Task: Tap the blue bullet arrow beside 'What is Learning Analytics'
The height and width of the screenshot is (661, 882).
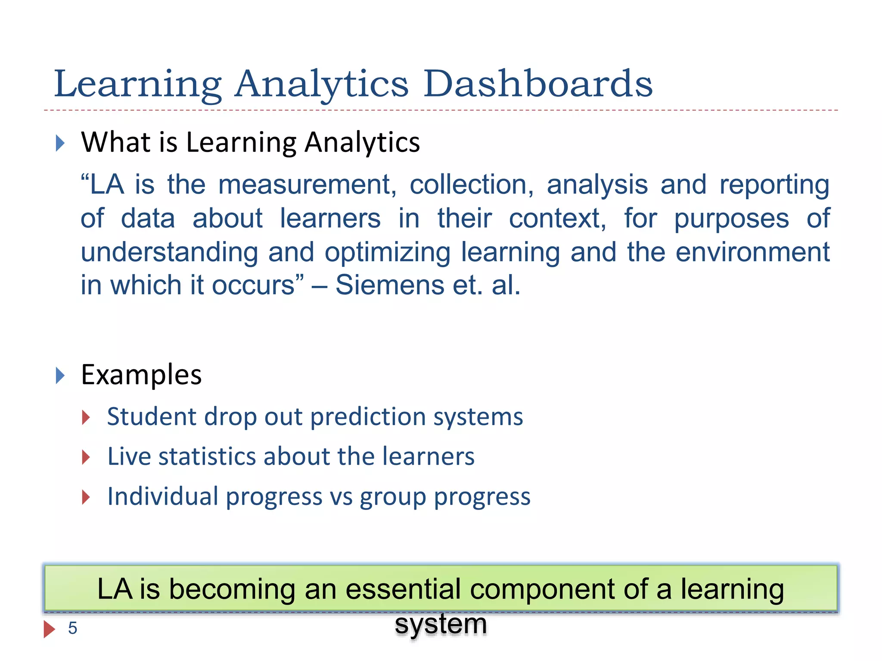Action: point(60,143)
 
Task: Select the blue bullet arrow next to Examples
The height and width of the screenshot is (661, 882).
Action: point(60,376)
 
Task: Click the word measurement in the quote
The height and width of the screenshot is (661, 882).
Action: point(307,185)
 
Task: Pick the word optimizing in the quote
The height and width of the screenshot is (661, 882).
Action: point(387,252)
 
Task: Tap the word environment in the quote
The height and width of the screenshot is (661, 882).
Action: point(752,252)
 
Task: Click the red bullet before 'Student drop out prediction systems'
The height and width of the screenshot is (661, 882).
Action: point(86,417)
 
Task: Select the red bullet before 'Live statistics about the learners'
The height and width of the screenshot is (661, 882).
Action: point(86,457)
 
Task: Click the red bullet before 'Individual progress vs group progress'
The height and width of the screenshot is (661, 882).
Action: point(86,497)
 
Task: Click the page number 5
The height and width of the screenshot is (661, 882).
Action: point(72,628)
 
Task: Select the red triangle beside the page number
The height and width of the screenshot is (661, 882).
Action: point(49,629)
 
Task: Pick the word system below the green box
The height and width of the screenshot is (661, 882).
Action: point(441,624)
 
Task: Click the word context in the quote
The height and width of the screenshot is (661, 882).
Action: point(557,219)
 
